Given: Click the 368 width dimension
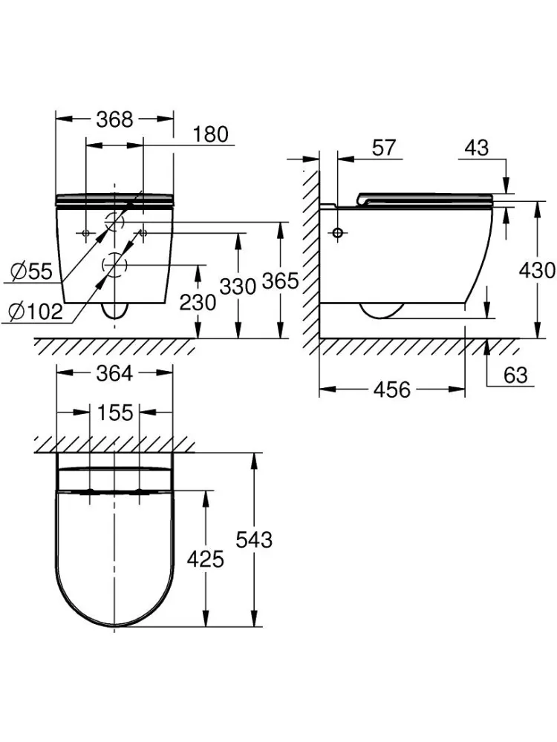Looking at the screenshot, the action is click(x=114, y=119).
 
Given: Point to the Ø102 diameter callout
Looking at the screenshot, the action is click(x=36, y=311).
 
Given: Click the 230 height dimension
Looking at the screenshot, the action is click(x=198, y=302).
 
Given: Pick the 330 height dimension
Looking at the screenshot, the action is click(x=238, y=286).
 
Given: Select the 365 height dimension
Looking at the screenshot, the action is click(x=281, y=280).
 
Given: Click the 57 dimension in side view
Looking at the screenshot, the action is click(x=383, y=148).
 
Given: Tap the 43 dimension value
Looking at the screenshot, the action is click(x=476, y=148).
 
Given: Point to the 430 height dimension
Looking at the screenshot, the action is click(x=537, y=270).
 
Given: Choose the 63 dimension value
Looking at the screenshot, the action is click(x=515, y=375).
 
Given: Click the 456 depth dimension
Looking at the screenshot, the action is click(x=391, y=390).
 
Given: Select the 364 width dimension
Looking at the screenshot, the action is click(x=114, y=373).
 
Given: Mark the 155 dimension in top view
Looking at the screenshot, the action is click(x=115, y=412).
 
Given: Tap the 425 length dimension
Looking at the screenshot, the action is click(x=205, y=559).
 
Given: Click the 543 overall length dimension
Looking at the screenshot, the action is click(x=254, y=539).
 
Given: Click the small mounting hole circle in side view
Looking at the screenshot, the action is click(x=338, y=233).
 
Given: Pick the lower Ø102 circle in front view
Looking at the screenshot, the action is click(x=114, y=265).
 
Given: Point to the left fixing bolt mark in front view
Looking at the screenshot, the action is click(x=85, y=233).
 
